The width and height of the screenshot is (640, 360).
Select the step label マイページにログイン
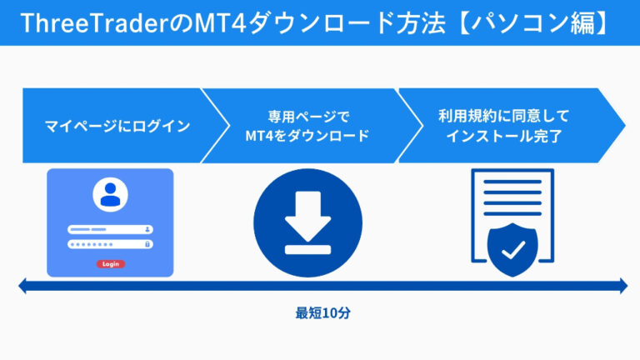point(117,127)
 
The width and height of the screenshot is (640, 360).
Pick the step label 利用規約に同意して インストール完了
point(503,126)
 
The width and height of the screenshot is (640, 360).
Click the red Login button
point(110,263)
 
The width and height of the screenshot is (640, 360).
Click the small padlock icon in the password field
point(148,244)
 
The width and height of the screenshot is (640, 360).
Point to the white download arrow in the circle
point(307,214)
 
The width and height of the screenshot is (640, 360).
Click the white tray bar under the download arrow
point(307,247)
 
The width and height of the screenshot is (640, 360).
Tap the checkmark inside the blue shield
point(512,247)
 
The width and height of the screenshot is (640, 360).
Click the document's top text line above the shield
point(512,185)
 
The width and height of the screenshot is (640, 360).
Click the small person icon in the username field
point(148,228)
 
